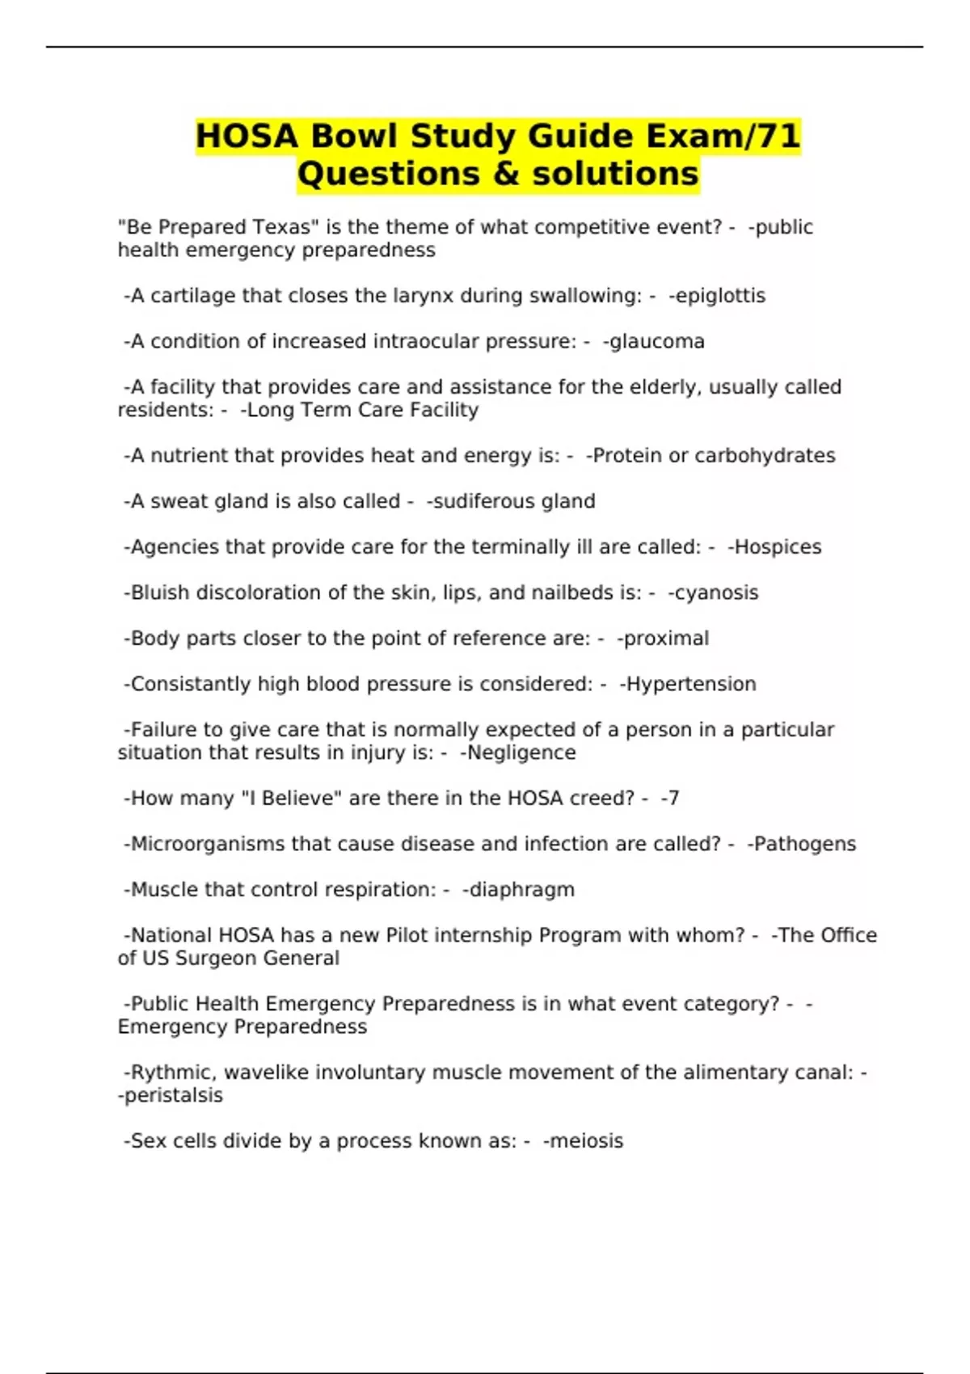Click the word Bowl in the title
[355, 136]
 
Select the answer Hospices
[777, 547]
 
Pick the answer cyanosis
[716, 593]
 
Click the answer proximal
[665, 639]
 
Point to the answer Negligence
[521, 753]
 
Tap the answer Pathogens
[804, 845]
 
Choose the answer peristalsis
[172, 1096]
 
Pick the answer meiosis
[585, 1141]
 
